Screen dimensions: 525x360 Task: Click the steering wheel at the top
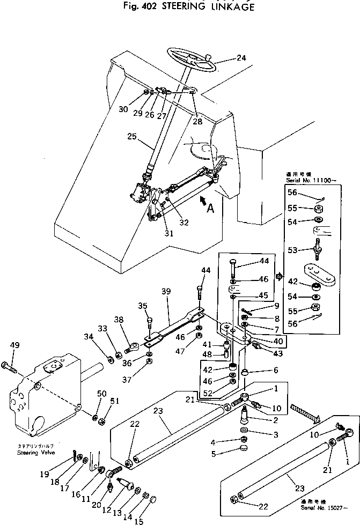click(192, 60)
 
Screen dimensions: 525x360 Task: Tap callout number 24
click(241, 58)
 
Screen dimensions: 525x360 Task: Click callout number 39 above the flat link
click(166, 291)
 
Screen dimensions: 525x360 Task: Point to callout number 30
click(123, 109)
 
